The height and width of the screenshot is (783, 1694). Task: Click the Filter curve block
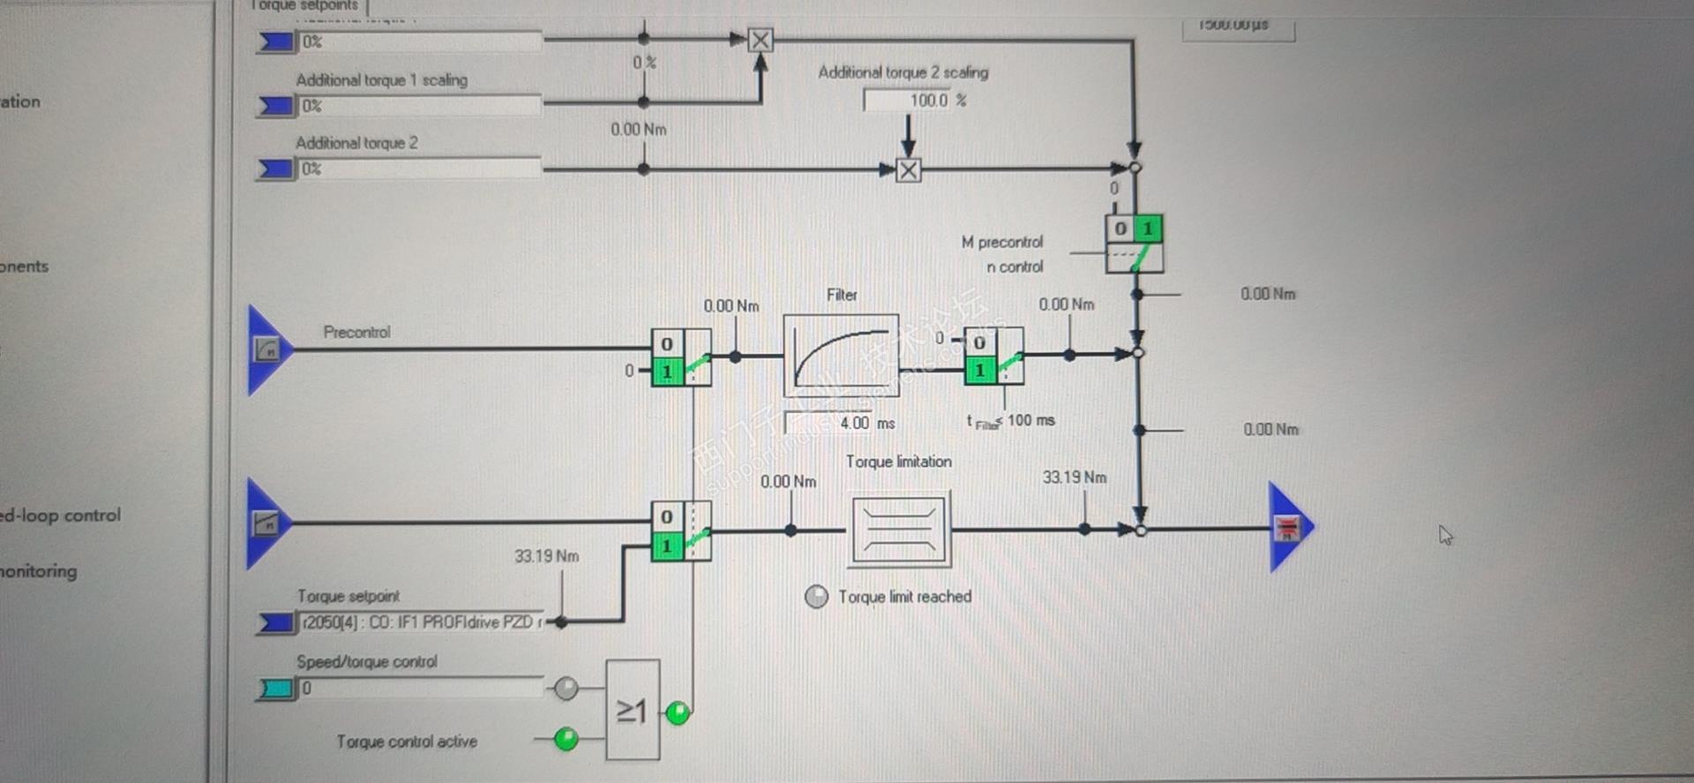[x=841, y=355]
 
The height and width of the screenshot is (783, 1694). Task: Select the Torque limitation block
[x=899, y=529]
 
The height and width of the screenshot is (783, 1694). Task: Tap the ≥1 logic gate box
[x=633, y=710]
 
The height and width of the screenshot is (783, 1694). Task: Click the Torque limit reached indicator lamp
[x=816, y=597]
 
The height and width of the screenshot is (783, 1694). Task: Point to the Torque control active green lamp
[x=566, y=738]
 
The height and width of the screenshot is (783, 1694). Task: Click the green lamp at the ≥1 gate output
[x=678, y=712]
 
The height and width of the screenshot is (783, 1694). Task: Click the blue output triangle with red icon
[x=1287, y=528]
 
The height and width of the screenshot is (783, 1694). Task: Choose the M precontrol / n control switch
[x=1135, y=244]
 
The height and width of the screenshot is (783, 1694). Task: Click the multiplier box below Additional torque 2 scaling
[x=908, y=169]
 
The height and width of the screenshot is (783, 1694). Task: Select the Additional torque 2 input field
[x=420, y=169]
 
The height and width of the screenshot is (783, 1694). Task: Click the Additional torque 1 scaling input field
[x=420, y=106]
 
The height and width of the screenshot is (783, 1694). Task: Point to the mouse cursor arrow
[x=1444, y=534]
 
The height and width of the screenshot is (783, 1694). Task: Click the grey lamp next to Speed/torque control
[x=566, y=688]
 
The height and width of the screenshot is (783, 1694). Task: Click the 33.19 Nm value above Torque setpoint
[x=546, y=556]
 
